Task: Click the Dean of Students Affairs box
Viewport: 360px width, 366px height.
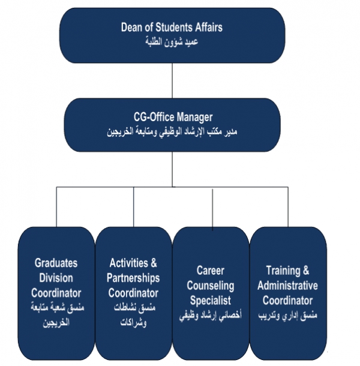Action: pyautogui.click(x=172, y=35)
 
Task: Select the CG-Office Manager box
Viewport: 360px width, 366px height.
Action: pyautogui.click(x=173, y=124)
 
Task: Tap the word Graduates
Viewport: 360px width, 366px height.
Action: pyautogui.click(x=56, y=263)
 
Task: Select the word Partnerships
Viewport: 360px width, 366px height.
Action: pyautogui.click(x=133, y=278)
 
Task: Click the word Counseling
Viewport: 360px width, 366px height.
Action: pyautogui.click(x=210, y=286)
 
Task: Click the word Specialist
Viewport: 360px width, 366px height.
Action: pyautogui.click(x=210, y=300)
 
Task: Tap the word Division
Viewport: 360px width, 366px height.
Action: pyautogui.click(x=56, y=278)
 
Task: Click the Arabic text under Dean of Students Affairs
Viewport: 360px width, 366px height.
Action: pyautogui.click(x=172, y=43)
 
